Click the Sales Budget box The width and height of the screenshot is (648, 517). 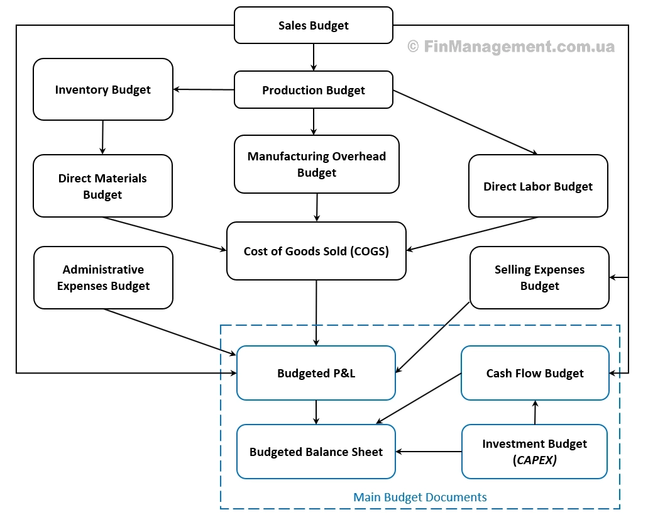[313, 25]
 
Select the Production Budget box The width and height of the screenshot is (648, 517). [313, 90]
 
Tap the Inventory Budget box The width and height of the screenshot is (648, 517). [102, 89]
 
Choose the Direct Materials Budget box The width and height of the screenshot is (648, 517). [102, 186]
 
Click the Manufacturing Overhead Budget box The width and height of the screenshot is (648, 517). [316, 164]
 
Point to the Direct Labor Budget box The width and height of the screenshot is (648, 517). [538, 186]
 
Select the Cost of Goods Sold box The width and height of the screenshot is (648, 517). [316, 251]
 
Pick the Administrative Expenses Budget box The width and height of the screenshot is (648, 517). [103, 277]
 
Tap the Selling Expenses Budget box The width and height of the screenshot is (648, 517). [539, 277]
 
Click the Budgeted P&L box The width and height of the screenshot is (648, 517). [316, 373]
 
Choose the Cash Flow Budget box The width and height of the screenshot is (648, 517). [535, 373]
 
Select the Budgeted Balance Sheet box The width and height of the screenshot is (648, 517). [316, 452]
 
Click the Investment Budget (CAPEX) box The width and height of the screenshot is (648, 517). [535, 452]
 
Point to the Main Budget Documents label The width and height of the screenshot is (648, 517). [420, 497]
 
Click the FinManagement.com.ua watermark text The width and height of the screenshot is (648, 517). [512, 47]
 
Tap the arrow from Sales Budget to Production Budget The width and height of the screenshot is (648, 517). [313, 57]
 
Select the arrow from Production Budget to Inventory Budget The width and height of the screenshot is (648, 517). [204, 89]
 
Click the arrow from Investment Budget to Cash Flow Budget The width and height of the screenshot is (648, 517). [535, 412]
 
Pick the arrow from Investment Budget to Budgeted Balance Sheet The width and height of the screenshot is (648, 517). [429, 452]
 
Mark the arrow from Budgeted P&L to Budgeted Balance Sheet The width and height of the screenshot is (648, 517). [316, 412]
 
